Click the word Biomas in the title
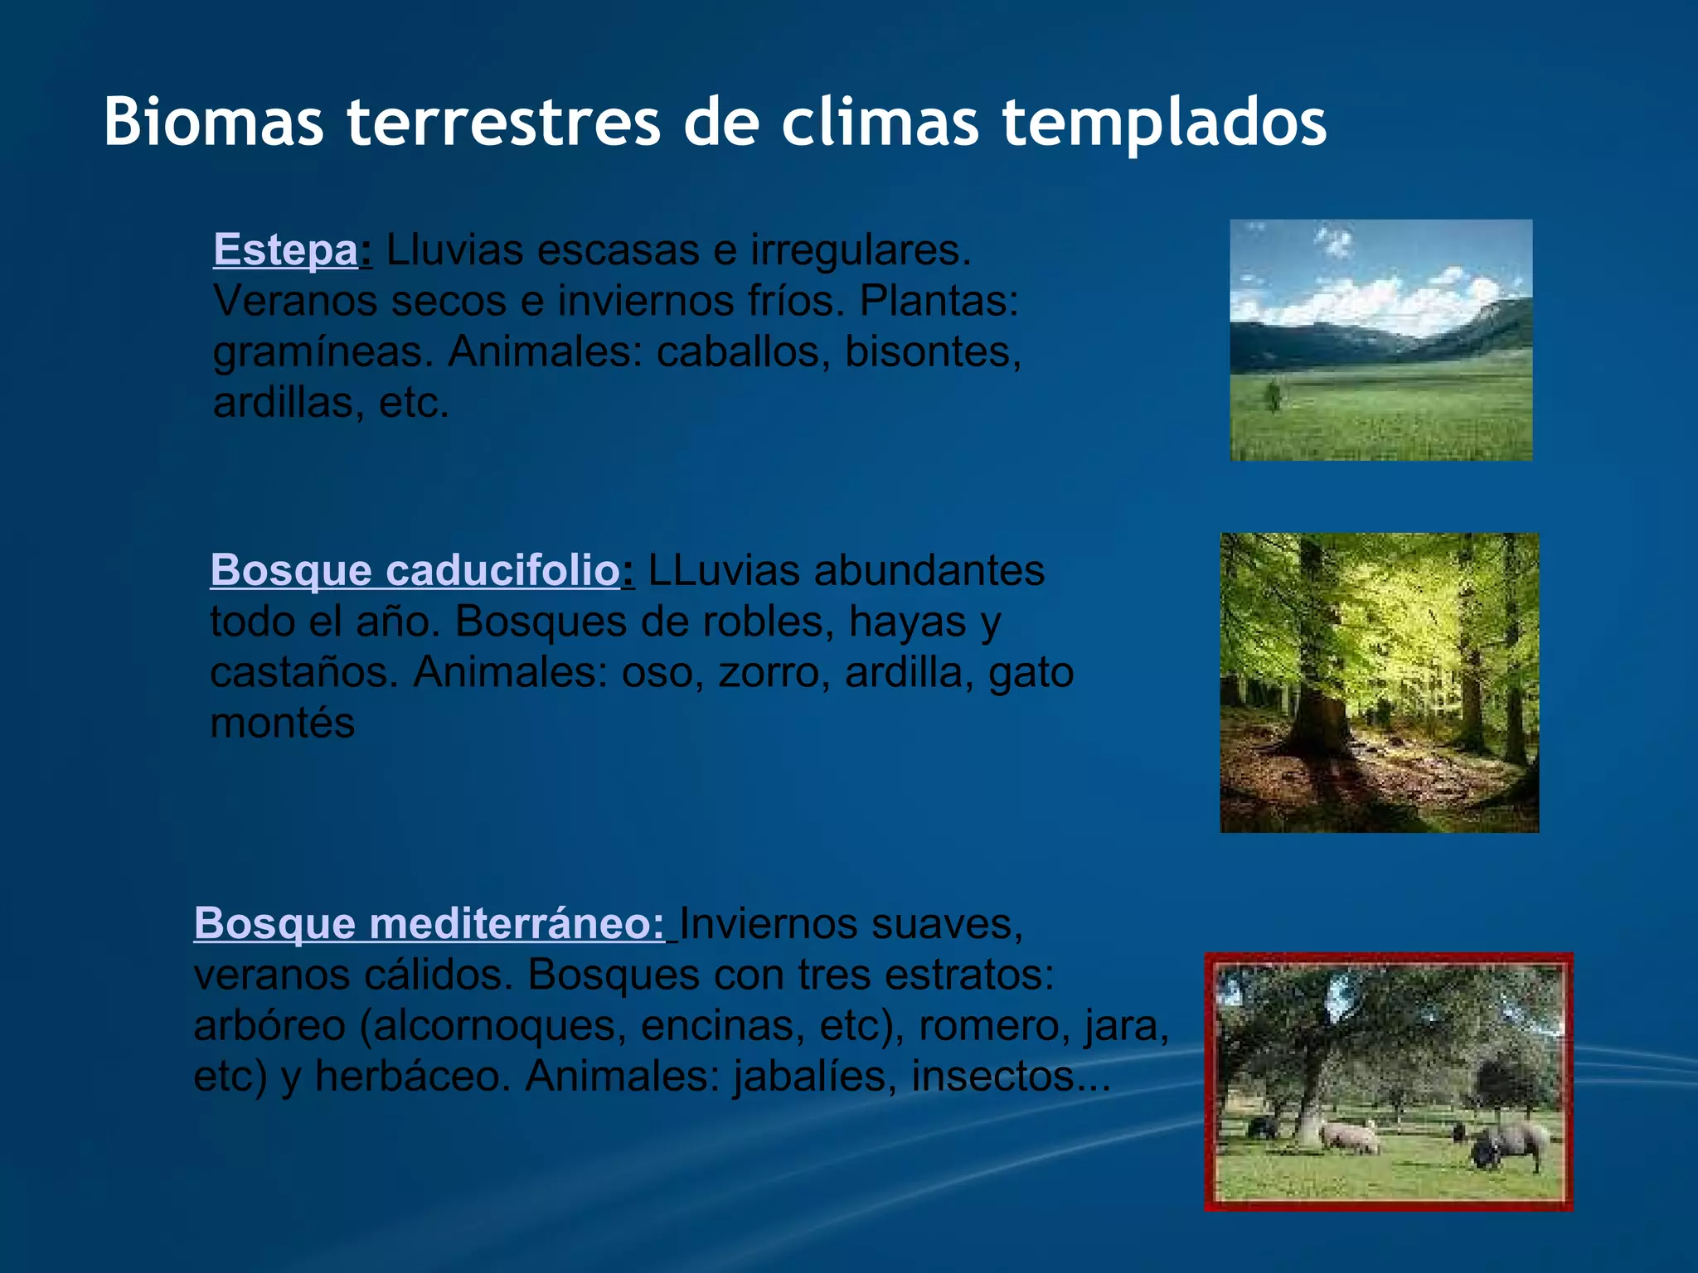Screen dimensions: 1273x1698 pyautogui.click(x=213, y=123)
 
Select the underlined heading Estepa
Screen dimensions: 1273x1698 pyautogui.click(x=285, y=249)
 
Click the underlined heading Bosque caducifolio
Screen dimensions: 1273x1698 pyautogui.click(x=415, y=570)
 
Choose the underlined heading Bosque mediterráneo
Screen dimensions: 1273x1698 pyautogui.click(x=429, y=923)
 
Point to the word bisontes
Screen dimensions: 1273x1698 pyautogui.click(x=932, y=351)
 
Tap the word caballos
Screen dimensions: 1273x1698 pyautogui.click(x=743, y=351)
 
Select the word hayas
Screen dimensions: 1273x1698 pyautogui.click(x=907, y=622)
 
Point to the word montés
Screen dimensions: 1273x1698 pyautogui.click(x=282, y=723)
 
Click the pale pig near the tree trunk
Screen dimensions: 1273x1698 pyautogui.click(x=1350, y=1136)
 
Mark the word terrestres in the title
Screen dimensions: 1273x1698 pyautogui.click(x=503, y=123)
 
